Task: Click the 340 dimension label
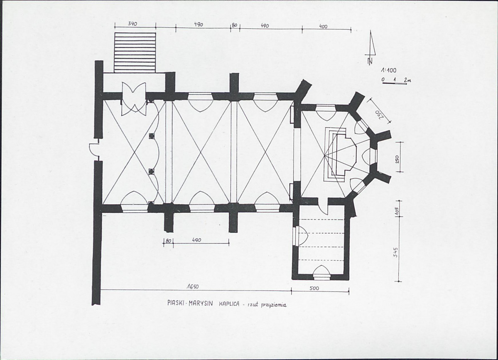click(132, 24)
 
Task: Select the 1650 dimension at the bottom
click(192, 286)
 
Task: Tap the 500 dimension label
click(314, 288)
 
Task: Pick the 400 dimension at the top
click(323, 27)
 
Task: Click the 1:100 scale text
click(389, 71)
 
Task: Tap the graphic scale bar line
click(395, 84)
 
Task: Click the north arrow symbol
click(370, 48)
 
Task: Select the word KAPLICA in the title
click(229, 304)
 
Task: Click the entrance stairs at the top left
click(135, 52)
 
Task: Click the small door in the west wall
click(94, 150)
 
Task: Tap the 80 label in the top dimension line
click(234, 25)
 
